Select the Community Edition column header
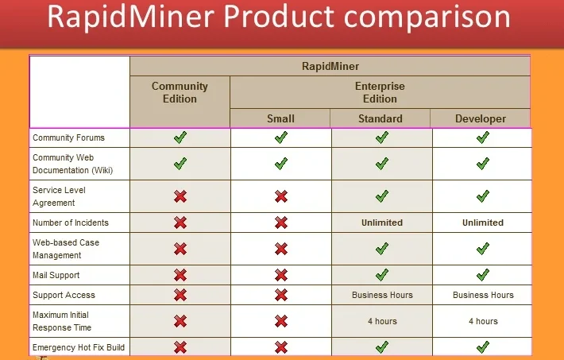180,92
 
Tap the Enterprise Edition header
380,92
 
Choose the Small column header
280,118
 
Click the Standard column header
381,118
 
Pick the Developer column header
481,118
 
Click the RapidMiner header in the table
330,67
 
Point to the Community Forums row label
68,137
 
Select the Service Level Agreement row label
59,196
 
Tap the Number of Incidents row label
71,223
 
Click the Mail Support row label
56,275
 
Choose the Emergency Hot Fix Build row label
79,347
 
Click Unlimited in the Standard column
382,223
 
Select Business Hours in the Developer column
483,295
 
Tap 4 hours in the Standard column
382,321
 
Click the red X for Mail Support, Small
281,275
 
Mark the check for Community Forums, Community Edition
180,137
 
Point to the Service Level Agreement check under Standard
382,195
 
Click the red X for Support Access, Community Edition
180,295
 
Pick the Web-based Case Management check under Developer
483,249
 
